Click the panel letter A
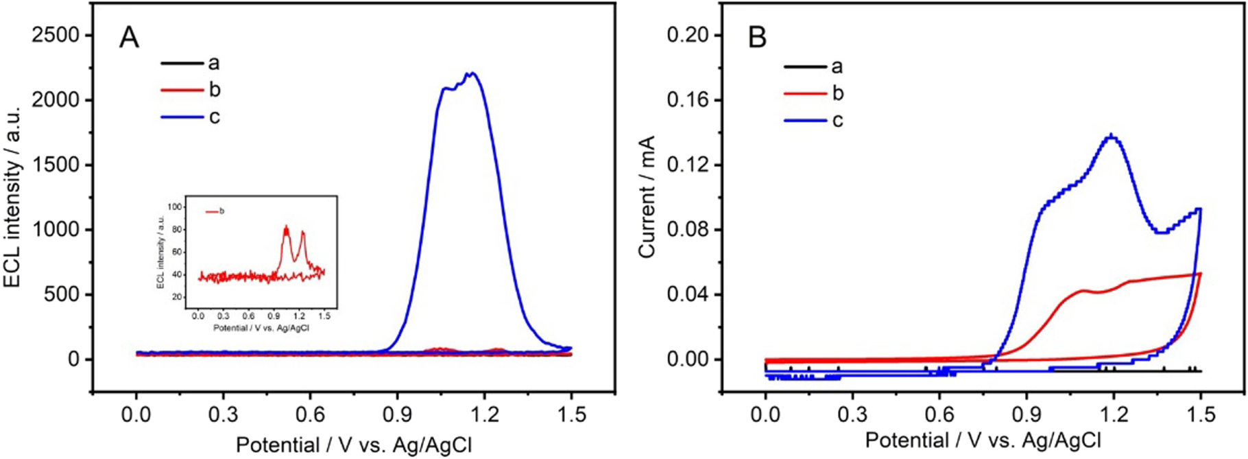129,37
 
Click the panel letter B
757,37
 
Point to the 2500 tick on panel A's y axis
55,35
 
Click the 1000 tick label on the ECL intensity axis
55,230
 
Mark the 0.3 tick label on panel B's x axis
852,414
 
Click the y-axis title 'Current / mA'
647,197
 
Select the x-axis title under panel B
983,440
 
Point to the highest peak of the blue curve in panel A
472,73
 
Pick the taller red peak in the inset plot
286,228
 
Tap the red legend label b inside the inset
221,211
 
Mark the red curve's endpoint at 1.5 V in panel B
1200,274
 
